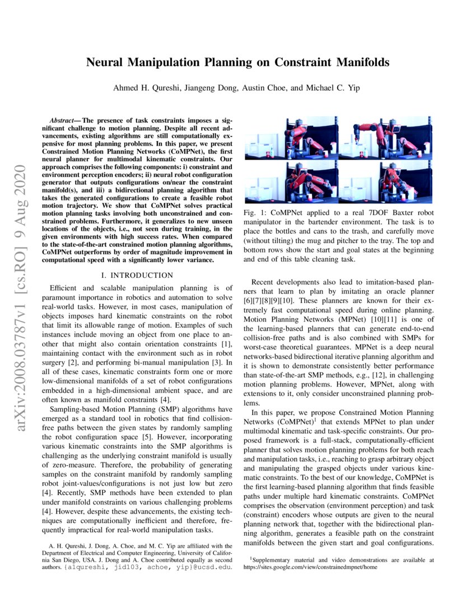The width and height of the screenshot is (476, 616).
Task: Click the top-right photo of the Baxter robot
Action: coord(386,137)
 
